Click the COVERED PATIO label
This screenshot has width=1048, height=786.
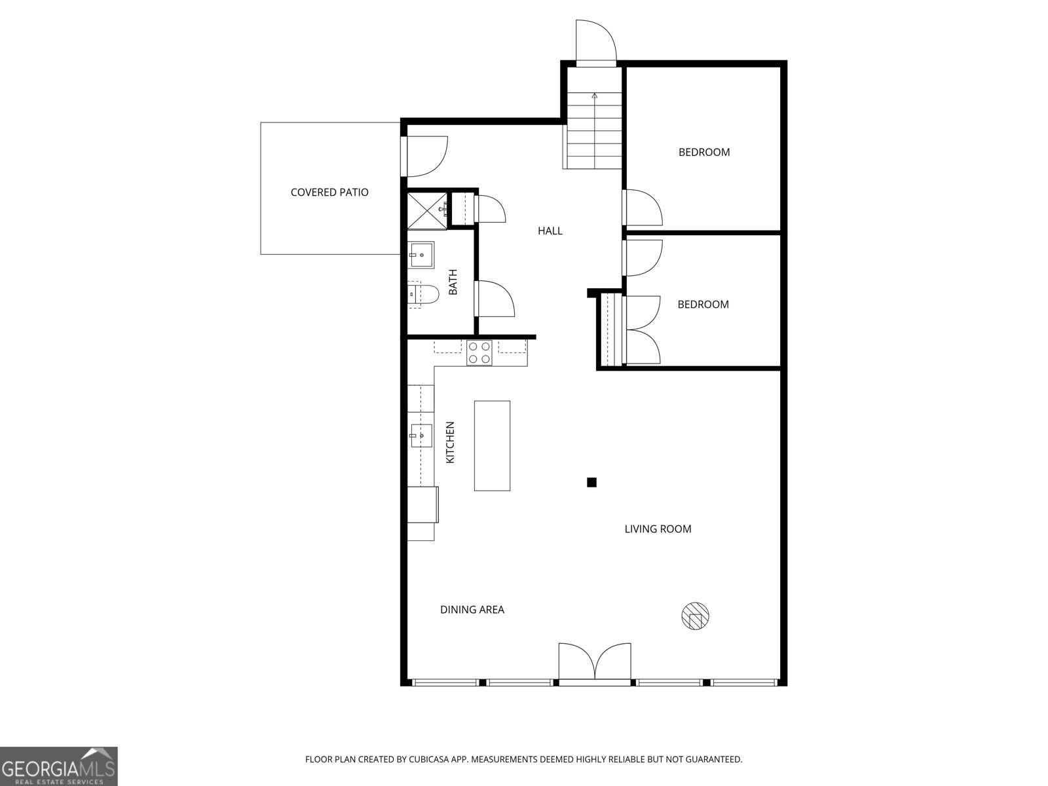tap(329, 192)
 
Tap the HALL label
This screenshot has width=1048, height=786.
tap(550, 231)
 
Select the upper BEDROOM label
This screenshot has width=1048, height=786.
tap(704, 152)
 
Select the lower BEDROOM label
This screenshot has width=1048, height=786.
tap(703, 304)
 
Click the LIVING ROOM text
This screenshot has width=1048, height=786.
tap(658, 529)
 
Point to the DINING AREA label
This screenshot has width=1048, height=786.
tap(472, 610)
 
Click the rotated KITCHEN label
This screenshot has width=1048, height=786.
tap(450, 443)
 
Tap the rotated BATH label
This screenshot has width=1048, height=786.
tap(453, 282)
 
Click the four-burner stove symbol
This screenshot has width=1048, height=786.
tap(479, 353)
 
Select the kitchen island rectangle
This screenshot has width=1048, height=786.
tap(492, 445)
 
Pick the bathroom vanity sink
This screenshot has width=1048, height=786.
tap(421, 255)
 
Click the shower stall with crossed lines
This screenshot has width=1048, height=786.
tap(426, 210)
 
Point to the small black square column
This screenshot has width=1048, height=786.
tap(591, 483)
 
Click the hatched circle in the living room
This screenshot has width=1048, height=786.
tap(695, 616)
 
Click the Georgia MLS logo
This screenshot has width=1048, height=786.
tap(59, 766)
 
